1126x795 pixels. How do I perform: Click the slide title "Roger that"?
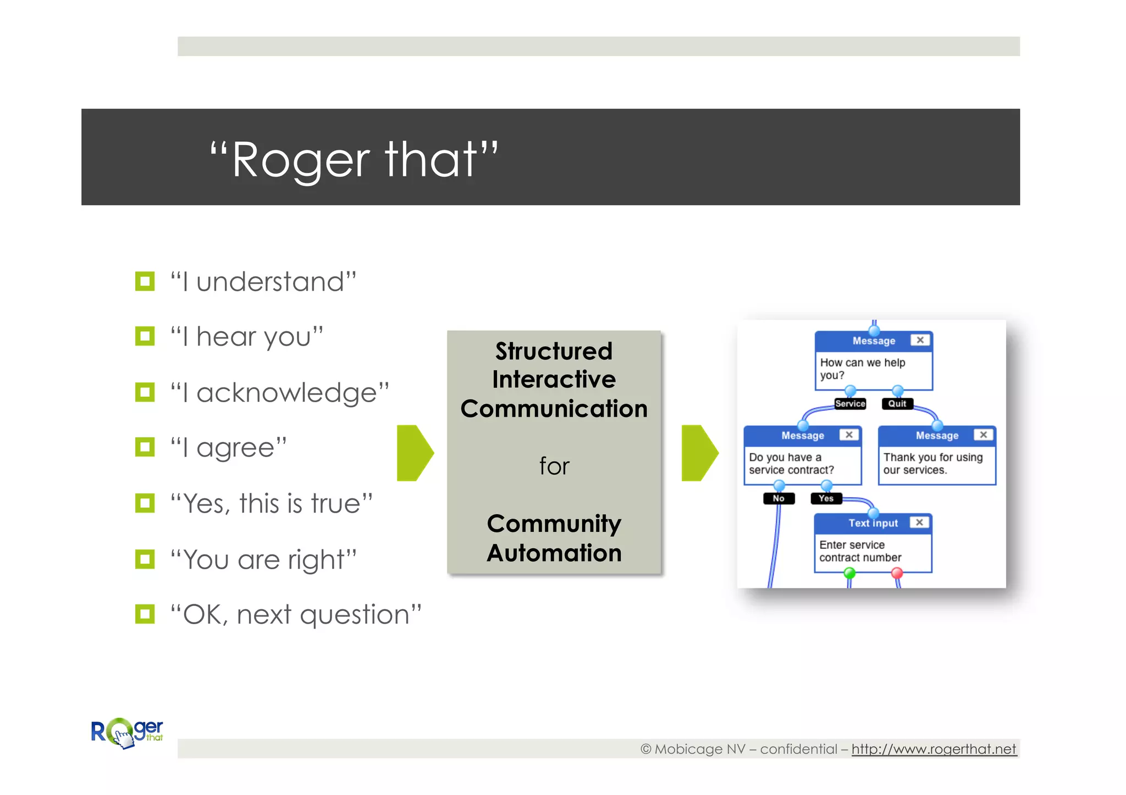(x=354, y=160)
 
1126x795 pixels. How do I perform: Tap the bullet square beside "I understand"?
(x=145, y=281)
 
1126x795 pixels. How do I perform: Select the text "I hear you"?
(x=246, y=336)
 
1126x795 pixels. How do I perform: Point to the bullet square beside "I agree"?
(x=145, y=447)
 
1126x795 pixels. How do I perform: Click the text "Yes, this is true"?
(x=272, y=503)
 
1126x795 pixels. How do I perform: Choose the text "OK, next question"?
(x=296, y=614)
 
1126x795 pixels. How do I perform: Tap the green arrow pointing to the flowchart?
(x=699, y=453)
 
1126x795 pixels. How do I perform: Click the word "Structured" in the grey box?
(x=554, y=351)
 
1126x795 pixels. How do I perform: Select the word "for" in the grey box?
(x=554, y=466)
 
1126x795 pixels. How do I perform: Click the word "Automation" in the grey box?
(x=554, y=553)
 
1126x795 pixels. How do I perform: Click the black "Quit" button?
(x=897, y=404)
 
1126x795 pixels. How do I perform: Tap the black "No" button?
(x=779, y=498)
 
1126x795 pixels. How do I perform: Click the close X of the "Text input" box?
(x=919, y=522)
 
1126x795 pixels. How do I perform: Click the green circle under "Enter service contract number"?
(x=849, y=573)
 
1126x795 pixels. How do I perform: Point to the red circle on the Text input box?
(x=897, y=573)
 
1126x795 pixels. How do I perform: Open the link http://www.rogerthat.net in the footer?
(x=933, y=749)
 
